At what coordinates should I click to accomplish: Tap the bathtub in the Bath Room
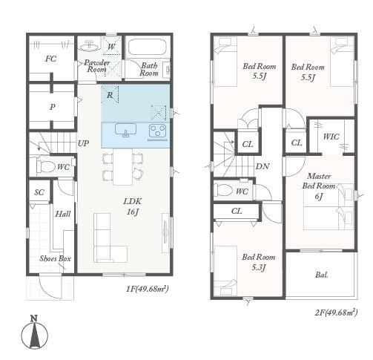coord(147,47)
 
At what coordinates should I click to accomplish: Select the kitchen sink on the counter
coord(125,130)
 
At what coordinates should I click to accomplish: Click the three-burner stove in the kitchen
coord(157,131)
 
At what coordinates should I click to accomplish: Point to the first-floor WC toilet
coord(46,166)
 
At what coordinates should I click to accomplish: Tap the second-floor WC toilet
coord(223,191)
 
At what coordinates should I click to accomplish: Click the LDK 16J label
coord(133,206)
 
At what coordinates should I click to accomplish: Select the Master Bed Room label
coord(319,181)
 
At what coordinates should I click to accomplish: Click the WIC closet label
coord(331,137)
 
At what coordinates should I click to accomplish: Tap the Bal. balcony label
coord(322,275)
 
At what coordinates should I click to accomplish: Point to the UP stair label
coord(83,143)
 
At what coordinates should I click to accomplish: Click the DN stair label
coord(263,166)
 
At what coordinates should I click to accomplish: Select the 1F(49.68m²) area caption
coord(148,289)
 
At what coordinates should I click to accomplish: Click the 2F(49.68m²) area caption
coord(336,312)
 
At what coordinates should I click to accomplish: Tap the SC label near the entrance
coord(39,192)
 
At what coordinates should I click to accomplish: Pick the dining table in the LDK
coord(123,166)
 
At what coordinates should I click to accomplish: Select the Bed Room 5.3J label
coord(259,262)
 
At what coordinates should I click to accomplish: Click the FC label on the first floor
coord(50,59)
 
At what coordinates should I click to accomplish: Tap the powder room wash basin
coord(89,46)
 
